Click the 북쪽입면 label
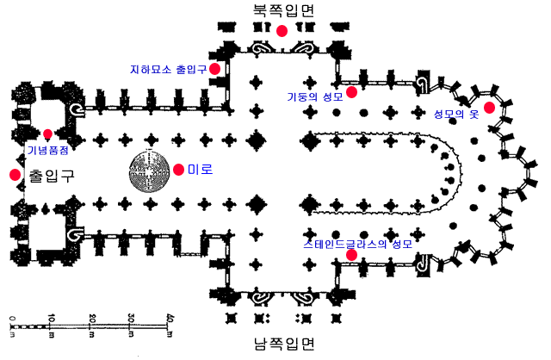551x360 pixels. [x=283, y=10]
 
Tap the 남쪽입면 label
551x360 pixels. [x=283, y=344]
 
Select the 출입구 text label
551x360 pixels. [x=52, y=175]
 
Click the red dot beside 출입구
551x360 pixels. [x=15, y=175]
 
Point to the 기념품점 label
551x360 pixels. [x=48, y=150]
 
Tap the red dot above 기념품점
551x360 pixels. [x=48, y=134]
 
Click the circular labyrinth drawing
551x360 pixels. [x=150, y=171]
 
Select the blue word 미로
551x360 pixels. [x=200, y=170]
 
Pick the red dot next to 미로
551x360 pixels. [x=178, y=170]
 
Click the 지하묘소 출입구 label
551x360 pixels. [x=169, y=69]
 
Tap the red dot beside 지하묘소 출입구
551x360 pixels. [x=214, y=69]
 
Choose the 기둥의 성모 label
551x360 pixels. [x=315, y=96]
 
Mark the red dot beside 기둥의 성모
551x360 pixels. [x=351, y=92]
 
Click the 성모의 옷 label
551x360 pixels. [x=456, y=114]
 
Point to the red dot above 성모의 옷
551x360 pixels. [x=489, y=108]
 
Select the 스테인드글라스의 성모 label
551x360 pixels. [x=358, y=244]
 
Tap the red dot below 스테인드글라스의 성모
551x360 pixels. [x=351, y=255]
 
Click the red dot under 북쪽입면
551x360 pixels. [x=282, y=31]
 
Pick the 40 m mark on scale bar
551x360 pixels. [x=170, y=326]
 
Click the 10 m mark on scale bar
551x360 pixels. [x=51, y=326]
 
